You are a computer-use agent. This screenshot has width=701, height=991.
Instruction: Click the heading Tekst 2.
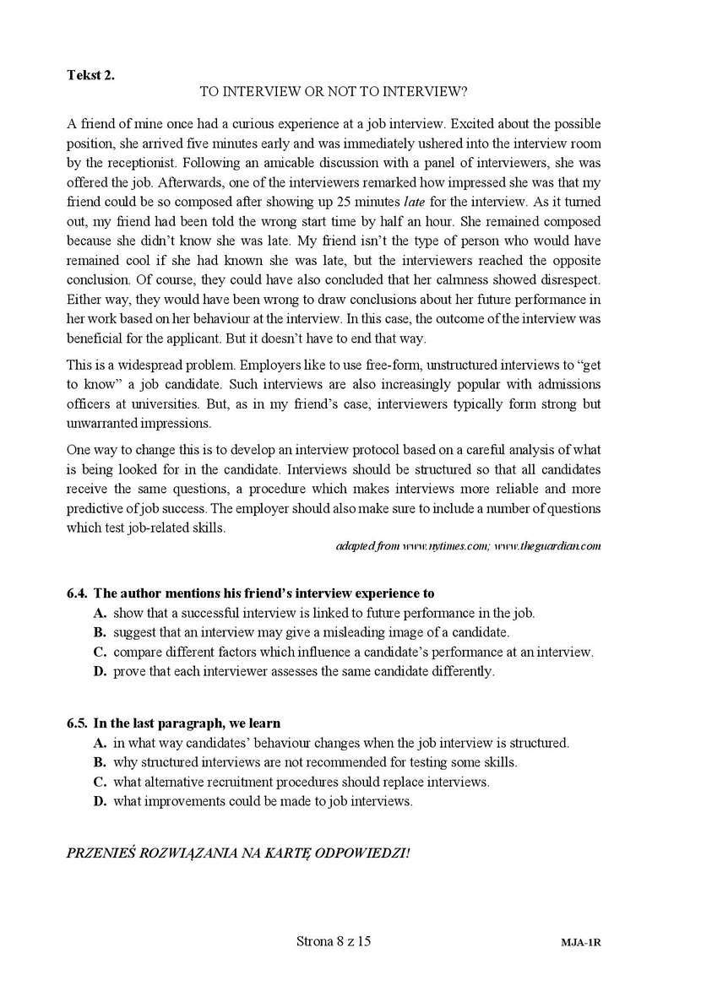(90, 74)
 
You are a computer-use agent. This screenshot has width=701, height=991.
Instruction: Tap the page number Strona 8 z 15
(334, 940)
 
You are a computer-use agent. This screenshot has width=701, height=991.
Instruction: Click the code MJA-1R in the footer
(580, 941)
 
